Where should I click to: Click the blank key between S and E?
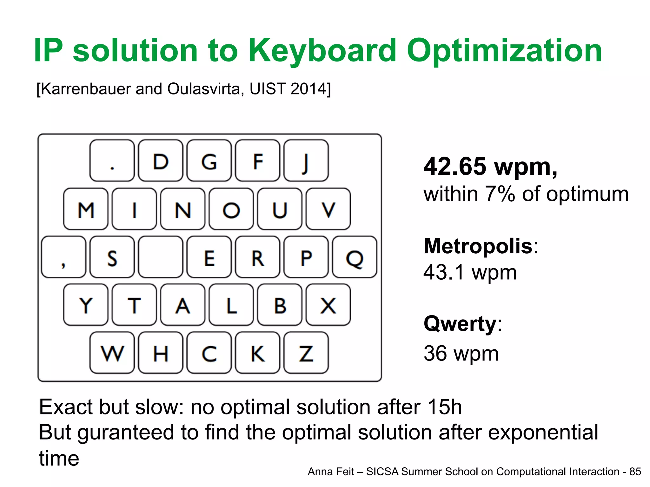click(x=161, y=257)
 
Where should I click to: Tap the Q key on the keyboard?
click(x=355, y=257)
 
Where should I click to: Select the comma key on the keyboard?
click(x=63, y=257)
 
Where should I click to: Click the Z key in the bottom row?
click(x=306, y=353)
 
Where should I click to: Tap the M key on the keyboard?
click(x=86, y=209)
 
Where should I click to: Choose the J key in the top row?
click(x=306, y=161)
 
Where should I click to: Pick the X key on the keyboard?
click(x=328, y=305)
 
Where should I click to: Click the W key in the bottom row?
click(x=112, y=353)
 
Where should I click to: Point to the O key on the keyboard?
click(x=231, y=209)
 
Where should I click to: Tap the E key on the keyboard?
click(x=209, y=257)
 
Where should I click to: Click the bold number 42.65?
click(x=454, y=166)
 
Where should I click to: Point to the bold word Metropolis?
click(x=478, y=246)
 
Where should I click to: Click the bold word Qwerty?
click(x=460, y=324)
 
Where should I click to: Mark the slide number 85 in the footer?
click(x=635, y=472)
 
